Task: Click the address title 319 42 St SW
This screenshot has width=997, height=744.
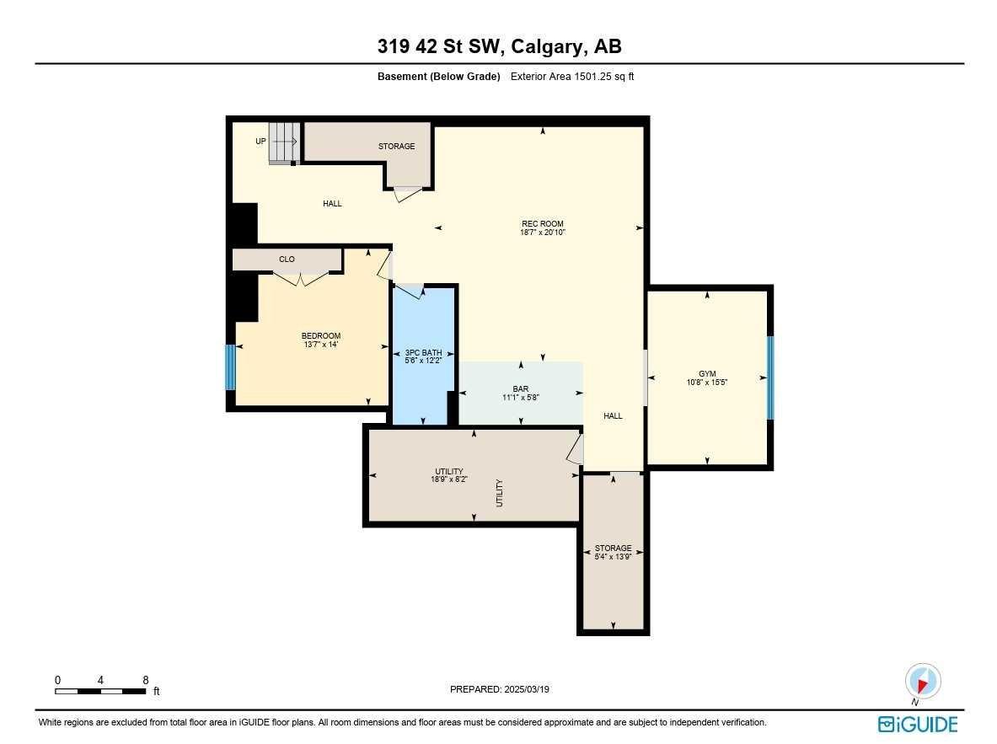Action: pyautogui.click(x=500, y=47)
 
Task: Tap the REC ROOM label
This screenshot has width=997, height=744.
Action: pyautogui.click(x=542, y=224)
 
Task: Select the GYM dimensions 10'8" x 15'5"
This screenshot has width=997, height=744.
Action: pyautogui.click(x=706, y=382)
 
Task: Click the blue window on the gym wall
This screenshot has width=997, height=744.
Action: pyautogui.click(x=769, y=377)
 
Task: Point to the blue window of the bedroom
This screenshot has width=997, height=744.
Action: pyautogui.click(x=230, y=367)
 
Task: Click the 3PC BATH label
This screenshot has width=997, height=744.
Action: pyautogui.click(x=423, y=353)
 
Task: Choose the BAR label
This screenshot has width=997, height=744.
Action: pyautogui.click(x=520, y=389)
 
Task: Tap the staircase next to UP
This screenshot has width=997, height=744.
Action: pyautogui.click(x=284, y=142)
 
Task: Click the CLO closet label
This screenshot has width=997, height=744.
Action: pyautogui.click(x=287, y=260)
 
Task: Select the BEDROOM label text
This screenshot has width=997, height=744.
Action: pyautogui.click(x=321, y=336)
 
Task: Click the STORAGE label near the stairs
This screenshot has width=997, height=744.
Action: pyautogui.click(x=396, y=147)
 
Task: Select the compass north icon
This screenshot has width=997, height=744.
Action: pyautogui.click(x=922, y=682)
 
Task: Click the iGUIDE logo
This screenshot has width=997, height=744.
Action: pyautogui.click(x=918, y=724)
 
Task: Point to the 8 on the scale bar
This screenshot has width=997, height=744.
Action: pyautogui.click(x=146, y=679)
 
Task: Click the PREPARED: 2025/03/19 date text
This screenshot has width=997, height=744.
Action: pyautogui.click(x=500, y=689)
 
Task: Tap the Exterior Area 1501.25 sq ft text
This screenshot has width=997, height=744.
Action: pyautogui.click(x=572, y=77)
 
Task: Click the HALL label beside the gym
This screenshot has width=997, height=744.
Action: pyautogui.click(x=613, y=416)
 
